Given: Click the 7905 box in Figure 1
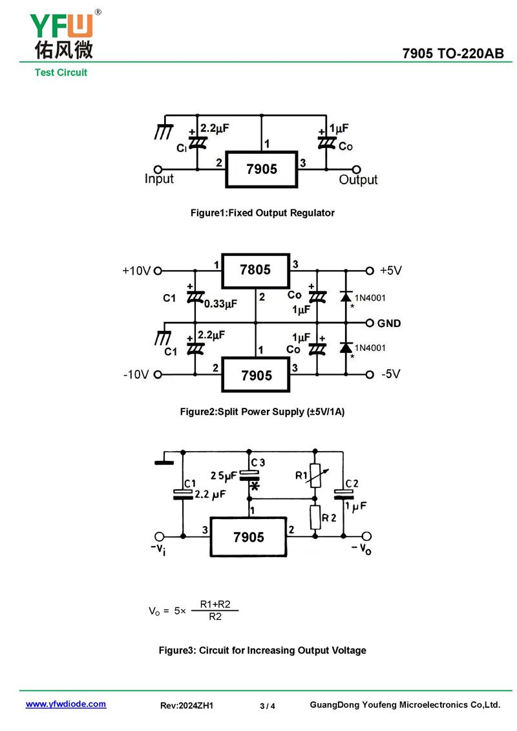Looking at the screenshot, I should pyautogui.click(x=262, y=169).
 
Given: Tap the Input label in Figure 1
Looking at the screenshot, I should pyautogui.click(x=159, y=179).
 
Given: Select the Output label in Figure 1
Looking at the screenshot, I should pyautogui.click(x=358, y=180).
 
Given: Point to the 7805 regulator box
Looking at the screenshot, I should pyautogui.click(x=255, y=270).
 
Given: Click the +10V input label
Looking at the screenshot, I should pyautogui.click(x=136, y=271).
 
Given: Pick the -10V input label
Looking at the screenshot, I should pyautogui.click(x=136, y=374).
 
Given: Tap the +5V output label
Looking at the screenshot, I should pyautogui.click(x=391, y=271).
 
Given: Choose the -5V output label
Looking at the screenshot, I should pyautogui.click(x=392, y=374).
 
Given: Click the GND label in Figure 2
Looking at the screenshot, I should pyautogui.click(x=389, y=323).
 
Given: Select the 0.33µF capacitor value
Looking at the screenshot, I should pyautogui.click(x=220, y=303).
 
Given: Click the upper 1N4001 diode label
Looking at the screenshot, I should pyautogui.click(x=370, y=298).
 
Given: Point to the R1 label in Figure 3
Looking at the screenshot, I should pyautogui.click(x=301, y=476).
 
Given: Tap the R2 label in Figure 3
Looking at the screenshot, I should pyautogui.click(x=329, y=517).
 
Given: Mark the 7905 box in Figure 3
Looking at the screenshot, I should pyautogui.click(x=249, y=537).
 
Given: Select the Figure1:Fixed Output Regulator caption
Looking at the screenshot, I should pyautogui.click(x=262, y=213).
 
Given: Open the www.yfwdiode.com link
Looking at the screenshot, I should pyautogui.click(x=66, y=704).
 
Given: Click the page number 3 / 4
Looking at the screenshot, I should pyautogui.click(x=268, y=706).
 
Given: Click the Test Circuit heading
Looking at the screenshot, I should pyautogui.click(x=61, y=72).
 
